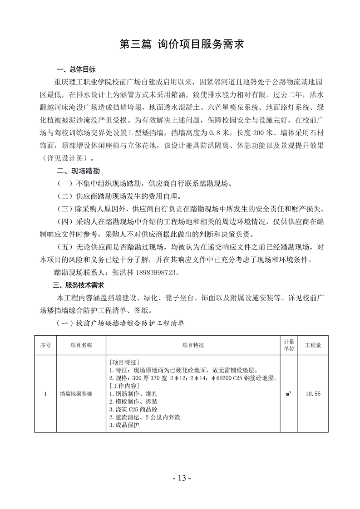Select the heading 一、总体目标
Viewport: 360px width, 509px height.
pyautogui.click(x=76, y=70)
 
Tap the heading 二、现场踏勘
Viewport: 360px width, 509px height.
pyautogui.click(x=76, y=172)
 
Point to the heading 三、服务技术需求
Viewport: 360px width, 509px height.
pyautogui.click(x=79, y=285)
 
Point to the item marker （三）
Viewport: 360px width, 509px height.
pyautogui.click(x=64, y=210)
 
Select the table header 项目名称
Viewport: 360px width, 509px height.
pyautogui.click(x=80, y=345)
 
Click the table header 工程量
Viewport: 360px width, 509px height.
pyautogui.click(x=313, y=345)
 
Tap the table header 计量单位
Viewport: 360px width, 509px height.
pyautogui.click(x=289, y=345)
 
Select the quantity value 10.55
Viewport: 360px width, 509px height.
pyautogui.click(x=313, y=394)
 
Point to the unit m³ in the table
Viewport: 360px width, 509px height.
pyautogui.click(x=289, y=394)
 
